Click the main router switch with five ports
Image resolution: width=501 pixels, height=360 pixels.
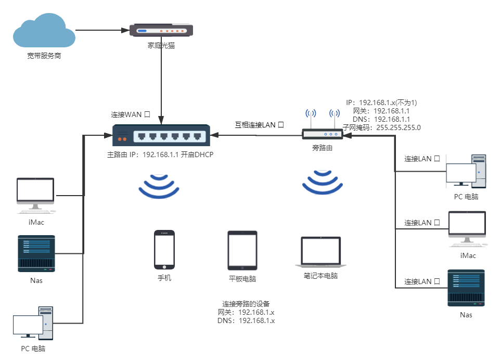pos(161,136)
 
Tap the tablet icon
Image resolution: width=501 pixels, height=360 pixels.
pos(242,251)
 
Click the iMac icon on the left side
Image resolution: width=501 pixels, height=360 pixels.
pos(35,195)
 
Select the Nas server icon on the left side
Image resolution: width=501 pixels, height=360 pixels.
pos(36,253)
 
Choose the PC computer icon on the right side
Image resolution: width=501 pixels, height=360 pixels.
pos(466,172)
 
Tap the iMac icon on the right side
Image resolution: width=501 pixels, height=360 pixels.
pos(468,229)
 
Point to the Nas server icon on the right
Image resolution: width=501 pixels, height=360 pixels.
pos(466,288)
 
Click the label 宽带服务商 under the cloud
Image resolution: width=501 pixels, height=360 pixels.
pos(44,56)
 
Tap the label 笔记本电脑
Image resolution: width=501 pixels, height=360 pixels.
pos(321,276)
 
